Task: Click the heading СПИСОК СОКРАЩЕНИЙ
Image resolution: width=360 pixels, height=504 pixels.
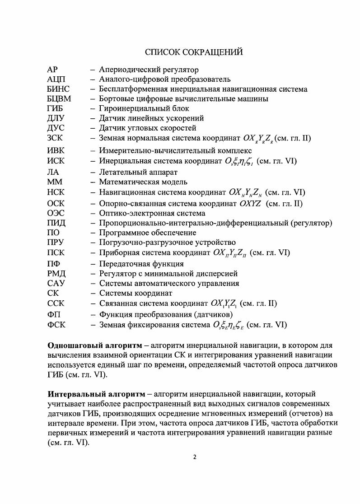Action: [x=194, y=52]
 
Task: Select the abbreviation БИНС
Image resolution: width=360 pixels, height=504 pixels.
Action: [x=58, y=89]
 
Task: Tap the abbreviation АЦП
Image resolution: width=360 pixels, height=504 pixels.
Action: [x=56, y=79]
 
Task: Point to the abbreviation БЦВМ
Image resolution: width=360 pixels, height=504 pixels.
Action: [x=59, y=99]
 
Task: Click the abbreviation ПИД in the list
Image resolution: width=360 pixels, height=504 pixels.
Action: [x=56, y=223]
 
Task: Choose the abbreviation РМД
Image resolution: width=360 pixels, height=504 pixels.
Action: [x=56, y=274]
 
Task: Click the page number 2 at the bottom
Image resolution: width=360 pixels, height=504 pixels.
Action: [x=194, y=457]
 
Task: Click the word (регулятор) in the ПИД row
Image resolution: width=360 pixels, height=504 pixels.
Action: [x=312, y=223]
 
